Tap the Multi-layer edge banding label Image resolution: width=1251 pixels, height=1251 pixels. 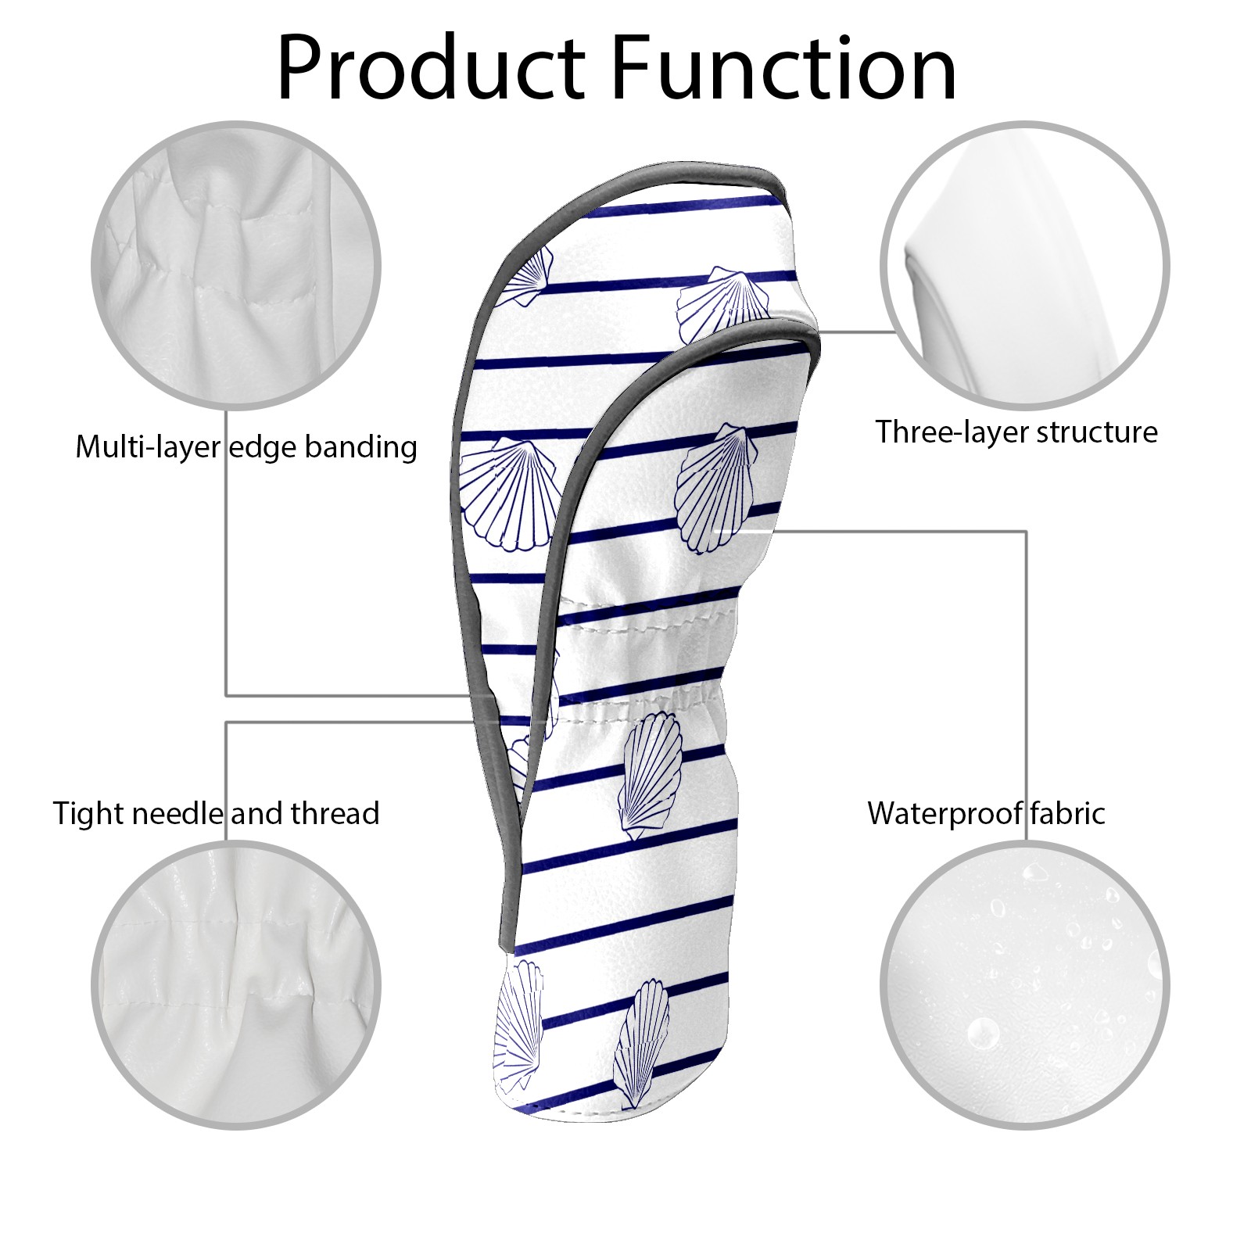(246, 447)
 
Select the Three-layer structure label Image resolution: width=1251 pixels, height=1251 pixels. (1016, 432)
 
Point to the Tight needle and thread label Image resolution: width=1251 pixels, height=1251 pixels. (216, 813)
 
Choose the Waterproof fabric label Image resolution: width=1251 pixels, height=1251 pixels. (986, 813)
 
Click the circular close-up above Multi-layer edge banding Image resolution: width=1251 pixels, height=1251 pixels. (237, 265)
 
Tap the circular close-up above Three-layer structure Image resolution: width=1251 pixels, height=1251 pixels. (1024, 265)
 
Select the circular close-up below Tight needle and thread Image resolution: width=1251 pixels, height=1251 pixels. (237, 985)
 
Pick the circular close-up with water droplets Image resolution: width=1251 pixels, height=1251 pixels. (1024, 985)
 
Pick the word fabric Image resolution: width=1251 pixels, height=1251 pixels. (1067, 813)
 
